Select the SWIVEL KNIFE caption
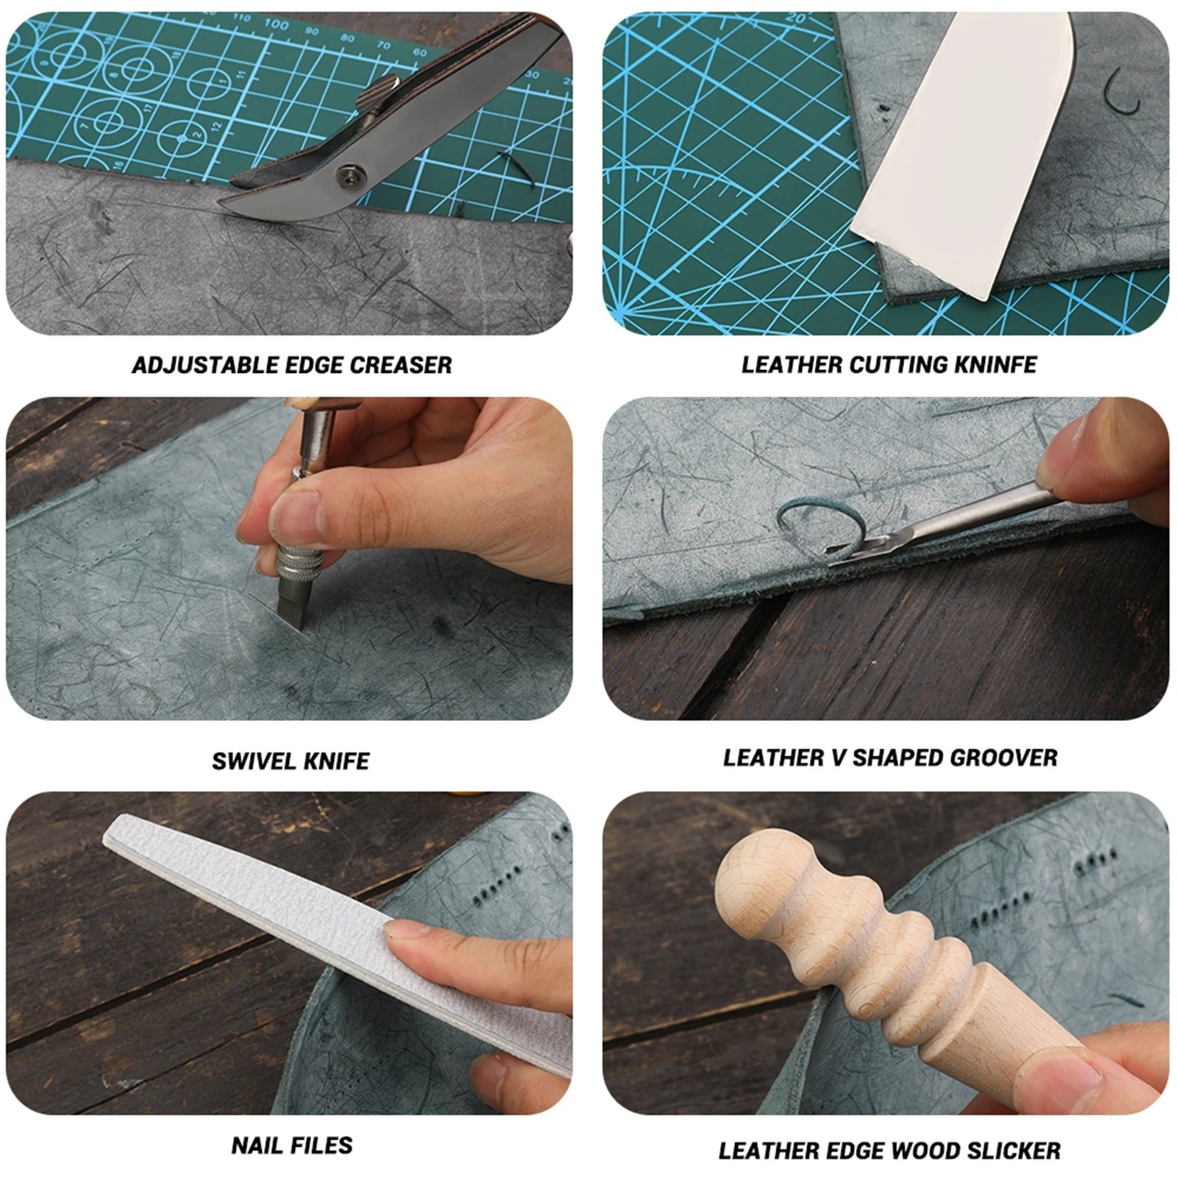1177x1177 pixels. [x=291, y=761]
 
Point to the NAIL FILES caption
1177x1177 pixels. [x=292, y=1145]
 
